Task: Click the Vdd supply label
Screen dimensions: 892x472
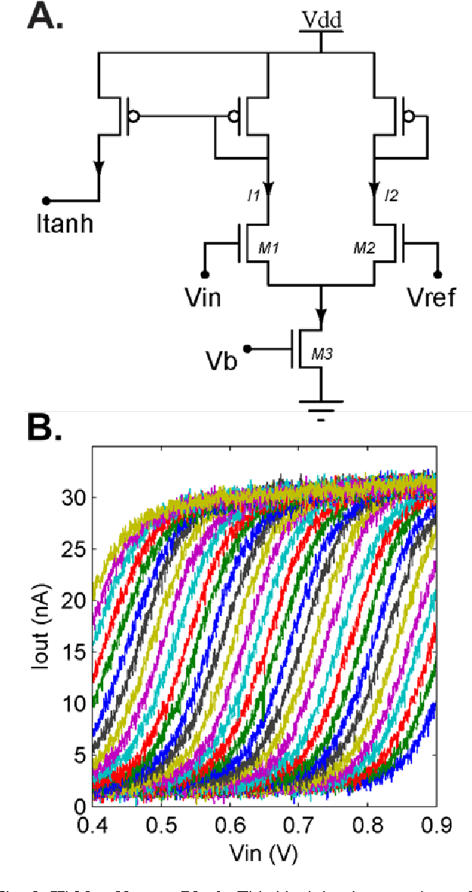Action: tap(321, 20)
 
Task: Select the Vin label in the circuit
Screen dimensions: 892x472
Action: tap(203, 297)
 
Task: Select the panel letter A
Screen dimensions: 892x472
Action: tap(46, 17)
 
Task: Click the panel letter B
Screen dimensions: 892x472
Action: tap(45, 429)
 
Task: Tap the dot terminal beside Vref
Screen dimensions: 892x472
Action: tap(437, 274)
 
